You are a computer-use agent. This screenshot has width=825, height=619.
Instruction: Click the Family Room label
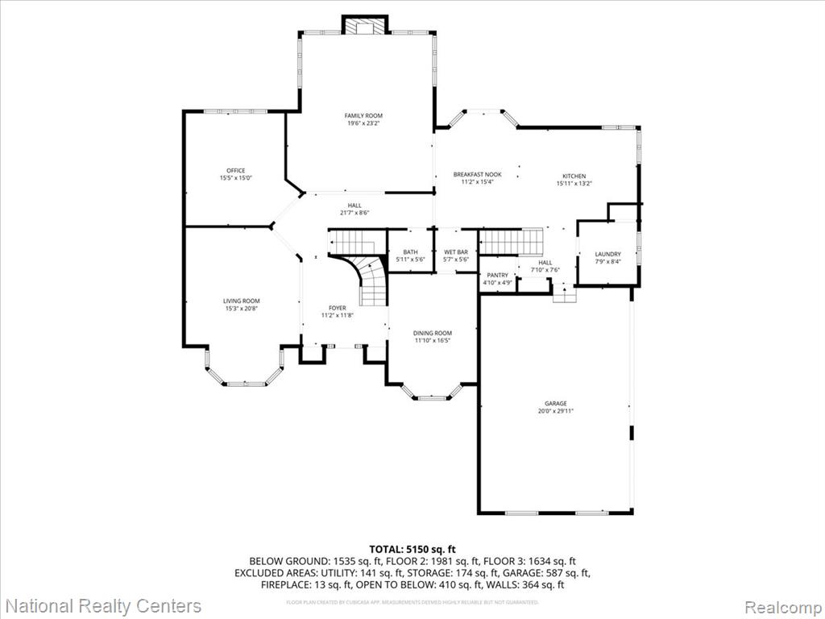363,116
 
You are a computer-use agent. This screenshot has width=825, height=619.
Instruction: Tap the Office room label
235,170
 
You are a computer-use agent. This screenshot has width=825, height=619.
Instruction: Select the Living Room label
241,301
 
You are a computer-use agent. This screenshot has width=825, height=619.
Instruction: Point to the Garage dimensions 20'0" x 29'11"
555,411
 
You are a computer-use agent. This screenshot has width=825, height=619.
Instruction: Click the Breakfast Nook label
477,175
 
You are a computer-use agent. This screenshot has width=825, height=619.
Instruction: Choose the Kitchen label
574,176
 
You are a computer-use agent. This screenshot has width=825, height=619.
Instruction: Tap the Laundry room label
608,254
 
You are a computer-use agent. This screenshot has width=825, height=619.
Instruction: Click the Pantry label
497,276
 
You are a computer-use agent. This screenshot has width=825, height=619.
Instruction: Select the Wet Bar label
455,252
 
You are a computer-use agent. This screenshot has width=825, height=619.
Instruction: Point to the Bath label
410,252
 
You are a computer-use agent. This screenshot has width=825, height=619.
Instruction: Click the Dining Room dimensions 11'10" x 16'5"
433,341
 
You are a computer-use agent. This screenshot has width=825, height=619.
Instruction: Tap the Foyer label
337,308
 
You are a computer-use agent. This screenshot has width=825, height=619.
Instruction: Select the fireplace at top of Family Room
365,25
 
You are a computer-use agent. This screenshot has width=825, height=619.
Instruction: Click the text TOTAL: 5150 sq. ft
412,550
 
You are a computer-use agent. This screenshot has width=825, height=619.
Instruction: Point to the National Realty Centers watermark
102,605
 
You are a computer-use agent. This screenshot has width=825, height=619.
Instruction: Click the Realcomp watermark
781,606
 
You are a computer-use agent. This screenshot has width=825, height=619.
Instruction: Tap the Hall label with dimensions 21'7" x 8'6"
354,206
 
